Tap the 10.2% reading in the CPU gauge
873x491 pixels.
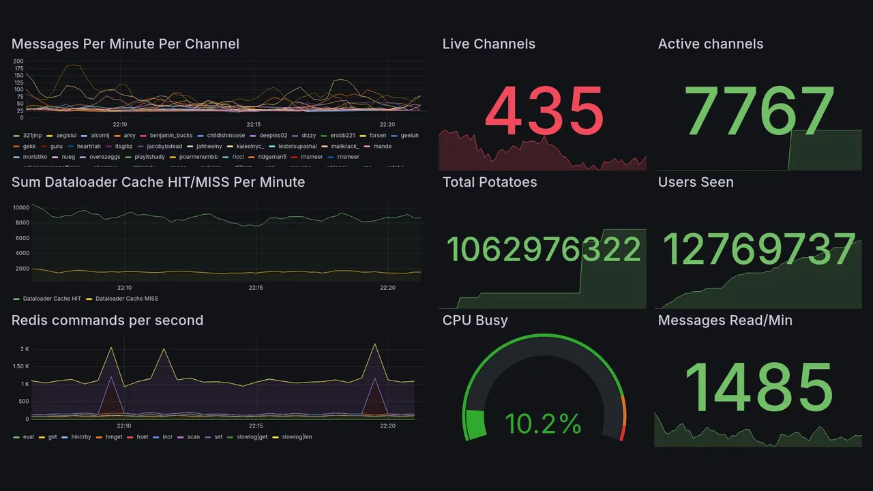[543, 424]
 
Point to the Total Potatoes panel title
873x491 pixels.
[490, 182]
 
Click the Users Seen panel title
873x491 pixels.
[696, 182]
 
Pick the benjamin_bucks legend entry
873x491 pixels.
[171, 136]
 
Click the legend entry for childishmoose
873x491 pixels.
[222, 136]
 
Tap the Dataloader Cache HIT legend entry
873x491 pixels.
[52, 299]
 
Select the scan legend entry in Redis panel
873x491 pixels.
[193, 437]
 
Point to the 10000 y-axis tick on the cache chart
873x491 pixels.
[21, 207]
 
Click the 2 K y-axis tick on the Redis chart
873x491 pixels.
[25, 349]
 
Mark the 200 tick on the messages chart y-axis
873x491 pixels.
[19, 61]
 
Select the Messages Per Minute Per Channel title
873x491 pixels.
[125, 44]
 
